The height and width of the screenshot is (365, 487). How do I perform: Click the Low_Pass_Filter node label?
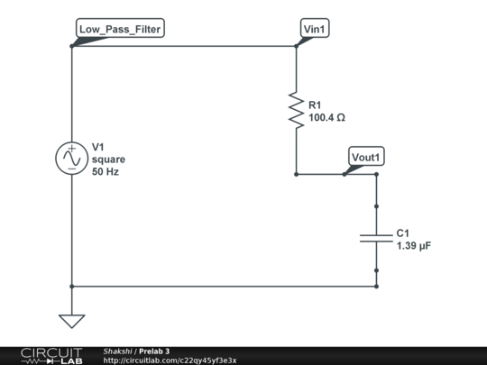click(120, 29)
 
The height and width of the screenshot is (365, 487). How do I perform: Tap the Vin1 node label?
click(315, 29)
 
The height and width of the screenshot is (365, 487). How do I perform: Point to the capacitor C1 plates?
click(376, 238)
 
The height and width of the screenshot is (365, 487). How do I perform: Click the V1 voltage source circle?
click(70, 158)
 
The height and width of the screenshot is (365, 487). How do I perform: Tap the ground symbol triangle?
click(70, 320)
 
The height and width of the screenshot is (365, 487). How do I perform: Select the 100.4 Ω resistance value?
click(327, 118)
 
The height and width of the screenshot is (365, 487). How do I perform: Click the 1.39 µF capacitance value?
click(414, 245)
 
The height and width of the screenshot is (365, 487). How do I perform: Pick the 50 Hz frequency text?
click(106, 171)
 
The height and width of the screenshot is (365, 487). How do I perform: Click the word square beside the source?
click(109, 159)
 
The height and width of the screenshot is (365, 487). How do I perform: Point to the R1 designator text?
click(315, 105)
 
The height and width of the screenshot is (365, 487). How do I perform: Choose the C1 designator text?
click(403, 233)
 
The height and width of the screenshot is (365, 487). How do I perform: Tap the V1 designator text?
click(99, 146)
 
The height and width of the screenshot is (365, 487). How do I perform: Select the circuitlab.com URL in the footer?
click(170, 360)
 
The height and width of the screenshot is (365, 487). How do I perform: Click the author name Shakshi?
click(117, 351)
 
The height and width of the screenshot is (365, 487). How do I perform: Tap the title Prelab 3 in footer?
click(154, 351)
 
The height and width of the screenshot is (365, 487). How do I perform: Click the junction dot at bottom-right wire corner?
click(376, 286)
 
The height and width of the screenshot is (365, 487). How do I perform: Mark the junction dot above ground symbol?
click(70, 286)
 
